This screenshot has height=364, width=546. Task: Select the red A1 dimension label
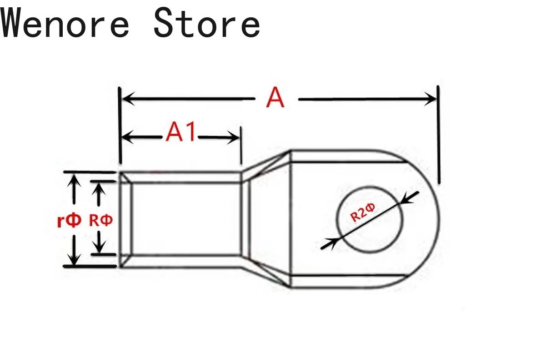[181, 133]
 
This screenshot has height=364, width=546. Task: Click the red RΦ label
[100, 221]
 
